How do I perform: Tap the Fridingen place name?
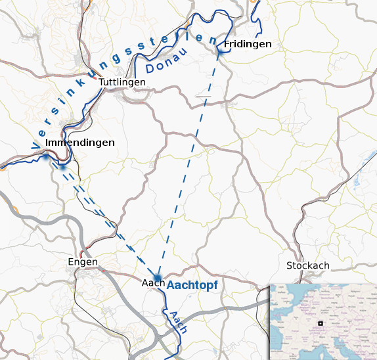[248, 44]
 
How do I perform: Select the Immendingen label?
[81, 143]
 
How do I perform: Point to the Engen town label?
[83, 262]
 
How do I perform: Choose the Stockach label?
[308, 265]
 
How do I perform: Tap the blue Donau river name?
[167, 61]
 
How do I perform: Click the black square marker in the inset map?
[321, 323]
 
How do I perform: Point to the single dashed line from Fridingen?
[190, 158]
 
